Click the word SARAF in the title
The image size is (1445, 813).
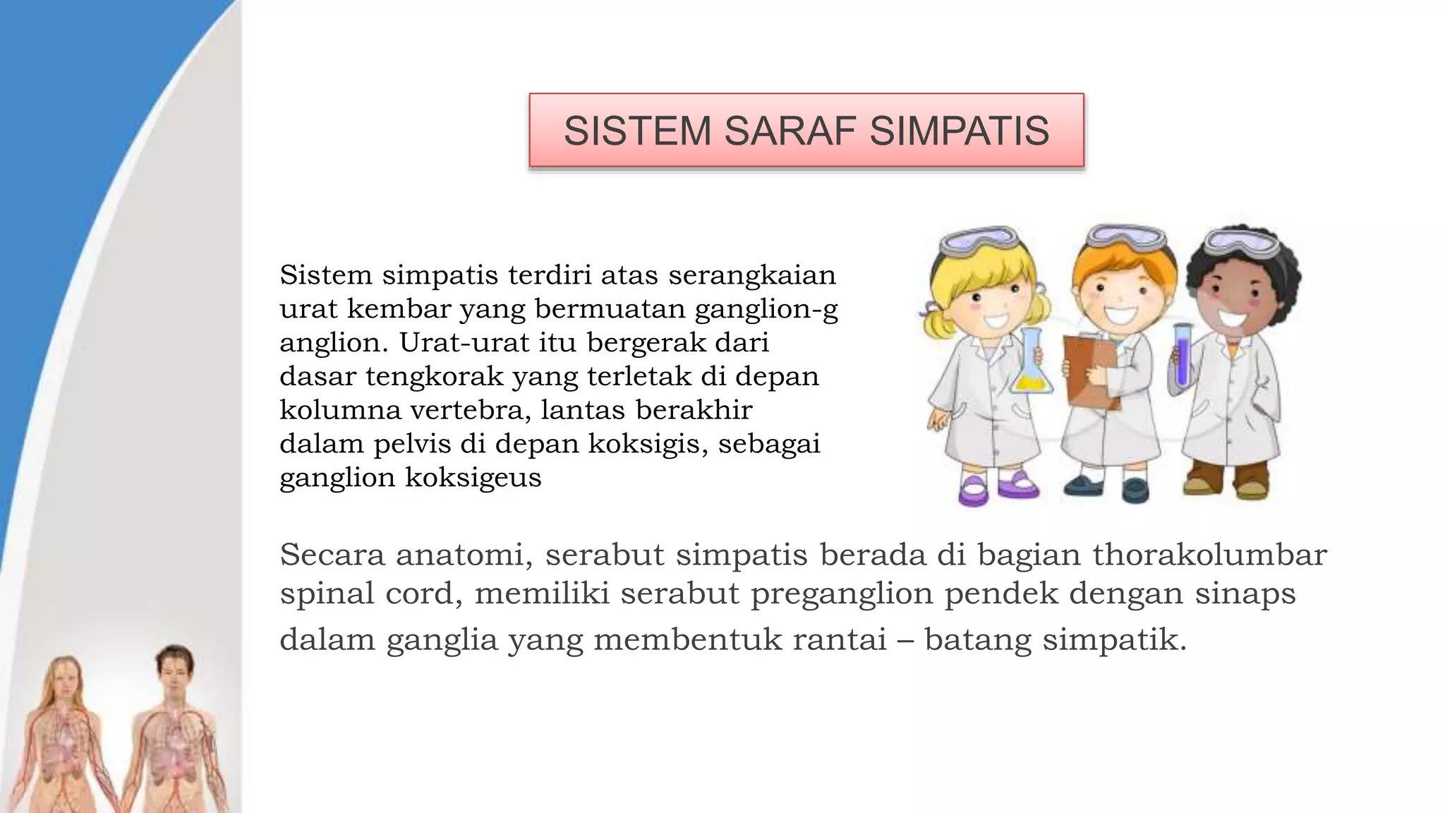tap(790, 131)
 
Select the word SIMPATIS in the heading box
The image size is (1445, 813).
tap(960, 131)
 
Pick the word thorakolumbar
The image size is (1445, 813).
tap(1209, 555)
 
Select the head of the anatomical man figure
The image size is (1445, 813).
tap(174, 667)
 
